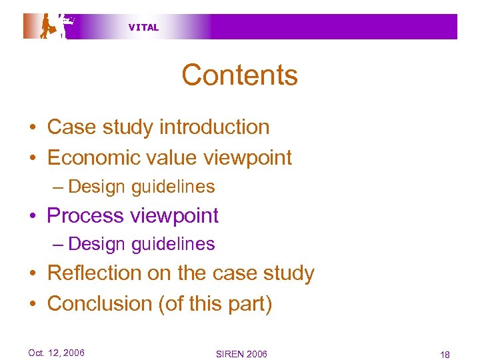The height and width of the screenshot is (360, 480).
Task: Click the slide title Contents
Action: (239, 75)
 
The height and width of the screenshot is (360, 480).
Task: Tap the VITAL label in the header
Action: (143, 27)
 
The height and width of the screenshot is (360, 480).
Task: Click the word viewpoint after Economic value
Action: (252, 157)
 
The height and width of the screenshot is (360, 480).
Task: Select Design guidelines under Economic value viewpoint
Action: (141, 187)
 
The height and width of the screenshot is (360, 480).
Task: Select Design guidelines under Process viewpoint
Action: (141, 244)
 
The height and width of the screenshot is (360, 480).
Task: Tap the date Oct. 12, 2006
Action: (56, 353)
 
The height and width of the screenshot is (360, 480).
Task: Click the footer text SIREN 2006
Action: (241, 353)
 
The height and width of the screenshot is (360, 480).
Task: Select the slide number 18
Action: (445, 353)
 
